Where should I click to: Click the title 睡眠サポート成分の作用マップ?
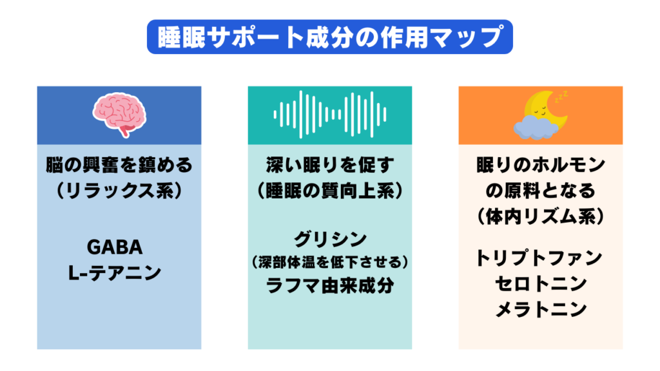pos(329,38)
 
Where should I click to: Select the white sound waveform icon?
pos(330,115)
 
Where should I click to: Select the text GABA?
pos(119,248)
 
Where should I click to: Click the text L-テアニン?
pos(119,273)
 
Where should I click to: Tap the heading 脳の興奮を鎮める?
pos(119,166)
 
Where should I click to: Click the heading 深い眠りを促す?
pos(330,166)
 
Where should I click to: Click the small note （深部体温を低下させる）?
pos(330,263)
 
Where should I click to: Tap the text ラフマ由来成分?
pos(330,285)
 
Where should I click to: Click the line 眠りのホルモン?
pos(541,166)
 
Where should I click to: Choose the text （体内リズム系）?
pos(541,216)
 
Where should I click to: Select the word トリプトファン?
pos(541,258)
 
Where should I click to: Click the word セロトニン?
pos(541,283)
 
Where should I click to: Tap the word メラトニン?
pos(541,309)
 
